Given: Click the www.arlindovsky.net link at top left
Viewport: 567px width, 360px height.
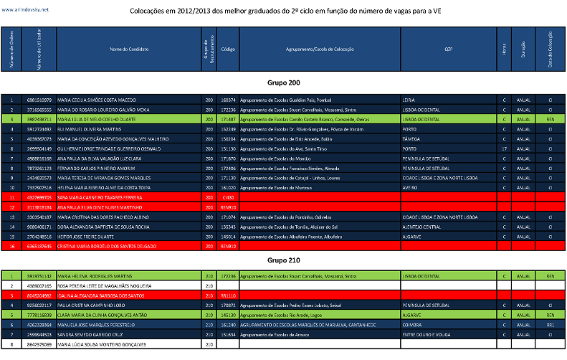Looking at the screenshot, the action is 26,10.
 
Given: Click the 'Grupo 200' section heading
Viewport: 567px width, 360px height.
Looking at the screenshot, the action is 283,83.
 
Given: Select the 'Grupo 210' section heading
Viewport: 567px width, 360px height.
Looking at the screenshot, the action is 283,260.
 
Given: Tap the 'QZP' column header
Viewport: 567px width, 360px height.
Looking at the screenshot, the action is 448,49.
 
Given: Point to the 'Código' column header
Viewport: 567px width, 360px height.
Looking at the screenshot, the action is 229,49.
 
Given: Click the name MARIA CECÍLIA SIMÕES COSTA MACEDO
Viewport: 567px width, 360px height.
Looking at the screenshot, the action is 96,99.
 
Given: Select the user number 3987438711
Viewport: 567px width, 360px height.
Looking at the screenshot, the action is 39,118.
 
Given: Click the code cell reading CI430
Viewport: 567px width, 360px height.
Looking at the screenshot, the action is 229,196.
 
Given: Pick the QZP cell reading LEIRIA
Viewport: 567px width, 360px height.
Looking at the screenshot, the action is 411,99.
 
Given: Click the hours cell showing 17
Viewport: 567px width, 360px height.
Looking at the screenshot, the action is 505,148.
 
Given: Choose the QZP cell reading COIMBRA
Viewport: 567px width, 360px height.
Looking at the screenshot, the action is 414,324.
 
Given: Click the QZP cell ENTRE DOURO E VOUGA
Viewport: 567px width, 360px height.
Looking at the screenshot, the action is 428,334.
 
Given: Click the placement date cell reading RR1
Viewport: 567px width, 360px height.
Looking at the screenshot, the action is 550,324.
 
